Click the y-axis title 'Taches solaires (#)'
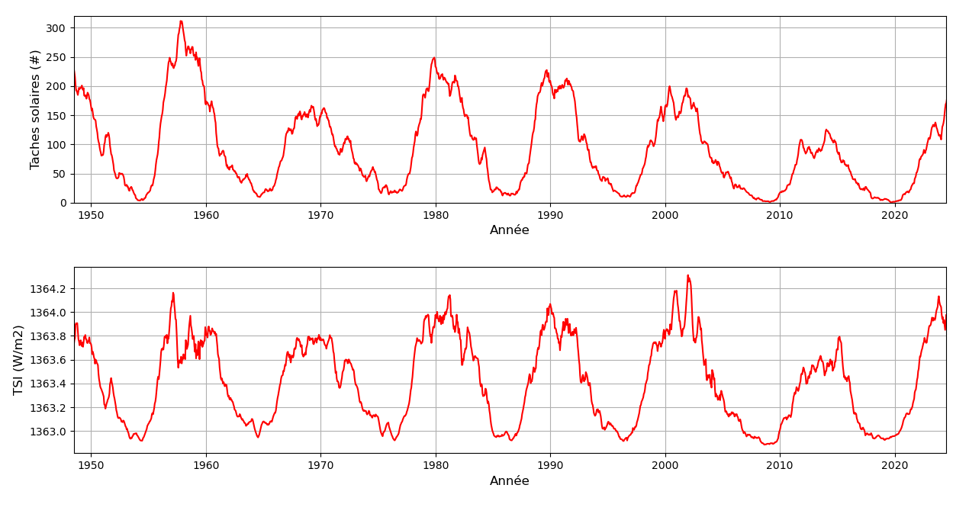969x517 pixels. click(x=35, y=109)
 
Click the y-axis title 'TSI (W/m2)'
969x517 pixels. click(x=19, y=360)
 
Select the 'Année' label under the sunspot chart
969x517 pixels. click(x=509, y=230)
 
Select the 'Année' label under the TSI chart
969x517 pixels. click(x=509, y=481)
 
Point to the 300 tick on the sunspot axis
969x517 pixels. click(x=56, y=28)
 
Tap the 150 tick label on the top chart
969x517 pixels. click(x=56, y=116)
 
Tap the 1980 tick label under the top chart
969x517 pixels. click(x=435, y=215)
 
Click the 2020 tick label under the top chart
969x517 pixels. click(x=894, y=215)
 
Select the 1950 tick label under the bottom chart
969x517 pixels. click(x=91, y=466)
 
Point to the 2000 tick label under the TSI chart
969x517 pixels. click(x=665, y=466)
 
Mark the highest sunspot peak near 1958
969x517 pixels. click(x=181, y=21)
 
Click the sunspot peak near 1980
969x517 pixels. click(x=434, y=58)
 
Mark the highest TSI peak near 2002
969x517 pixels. click(x=687, y=275)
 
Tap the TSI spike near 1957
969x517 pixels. click(x=173, y=293)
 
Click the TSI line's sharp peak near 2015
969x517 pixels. click(x=839, y=336)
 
